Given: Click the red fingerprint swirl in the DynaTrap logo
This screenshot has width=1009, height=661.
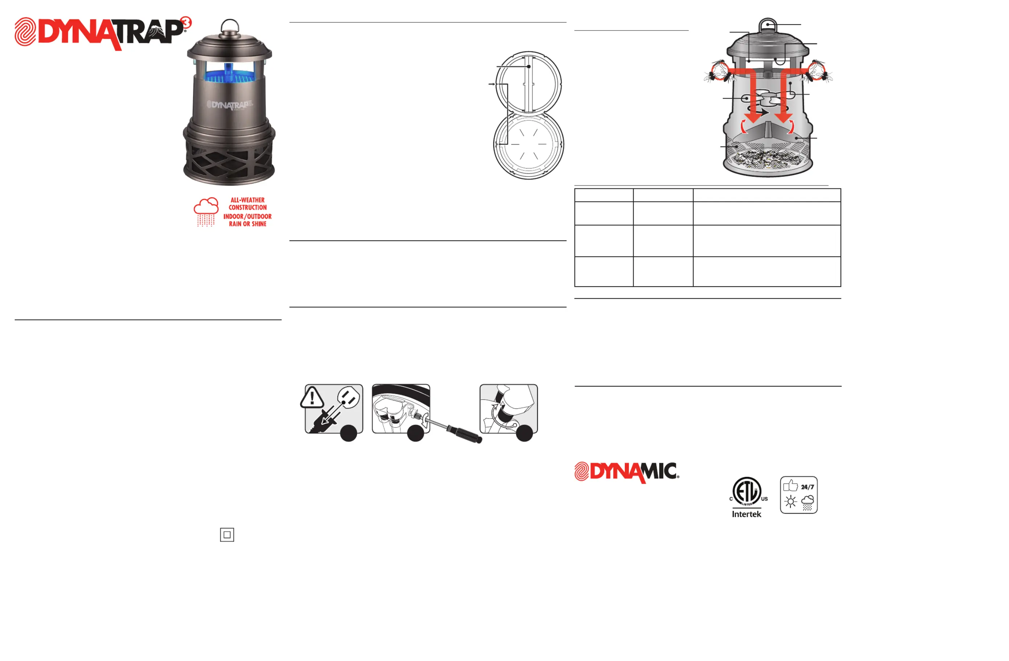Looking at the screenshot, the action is pyautogui.click(x=25, y=32).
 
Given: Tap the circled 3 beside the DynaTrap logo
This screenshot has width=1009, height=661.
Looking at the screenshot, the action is pyautogui.click(x=186, y=22).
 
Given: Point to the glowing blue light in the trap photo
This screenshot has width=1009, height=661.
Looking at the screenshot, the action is pyautogui.click(x=229, y=72).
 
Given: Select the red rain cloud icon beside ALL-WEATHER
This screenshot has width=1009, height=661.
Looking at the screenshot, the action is pyautogui.click(x=206, y=212).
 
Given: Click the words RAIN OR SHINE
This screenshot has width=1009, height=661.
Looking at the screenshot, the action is pyautogui.click(x=248, y=224).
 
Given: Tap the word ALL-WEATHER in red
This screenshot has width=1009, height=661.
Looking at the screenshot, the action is pyautogui.click(x=248, y=200).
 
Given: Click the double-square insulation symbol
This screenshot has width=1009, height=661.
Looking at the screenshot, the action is pyautogui.click(x=227, y=535).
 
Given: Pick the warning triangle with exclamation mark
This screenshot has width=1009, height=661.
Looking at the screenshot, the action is pyautogui.click(x=312, y=398).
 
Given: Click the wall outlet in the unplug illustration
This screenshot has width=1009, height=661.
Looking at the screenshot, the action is pyautogui.click(x=349, y=399).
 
